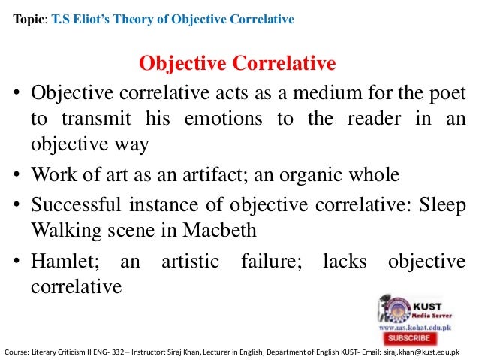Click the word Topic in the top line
point(28,20)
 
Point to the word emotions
point(229,119)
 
